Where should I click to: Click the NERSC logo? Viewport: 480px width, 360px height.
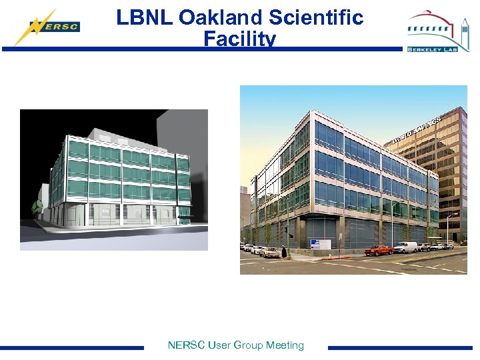click(x=47, y=27)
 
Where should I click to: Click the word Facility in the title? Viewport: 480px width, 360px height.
click(x=240, y=39)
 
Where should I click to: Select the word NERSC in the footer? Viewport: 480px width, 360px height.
click(x=187, y=345)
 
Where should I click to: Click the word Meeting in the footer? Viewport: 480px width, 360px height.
click(x=285, y=345)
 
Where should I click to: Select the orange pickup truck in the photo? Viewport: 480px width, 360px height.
click(x=379, y=250)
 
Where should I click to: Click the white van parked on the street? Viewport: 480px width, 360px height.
click(x=405, y=247)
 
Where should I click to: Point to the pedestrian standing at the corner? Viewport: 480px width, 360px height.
click(x=283, y=252)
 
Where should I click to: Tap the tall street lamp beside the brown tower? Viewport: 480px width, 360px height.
click(x=449, y=227)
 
